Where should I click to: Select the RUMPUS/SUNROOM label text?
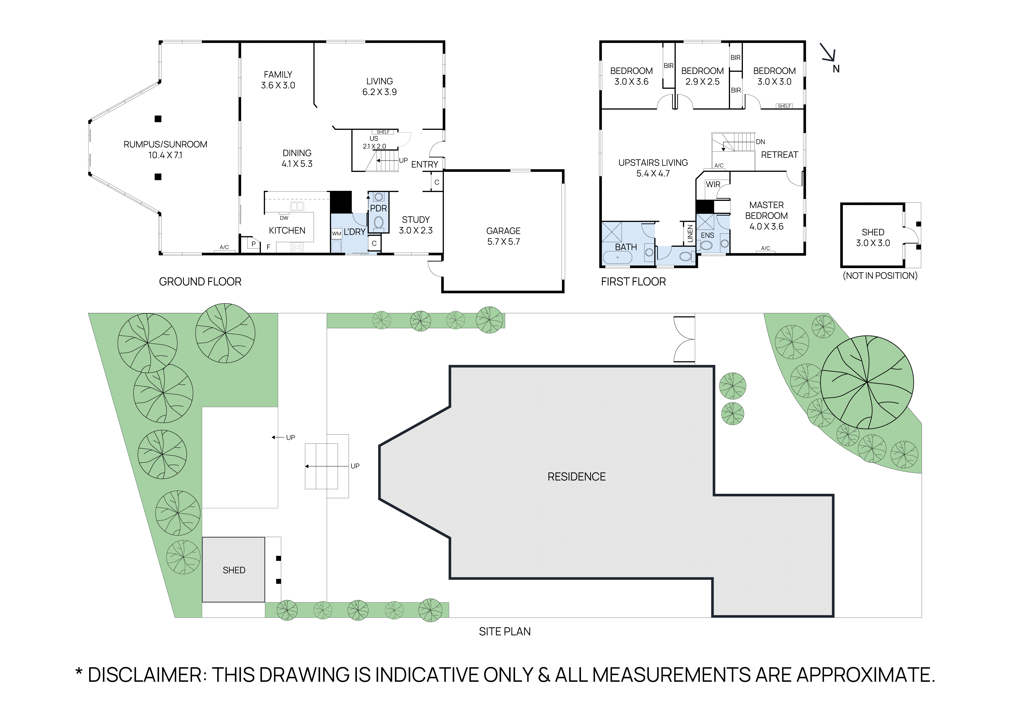point(165,144)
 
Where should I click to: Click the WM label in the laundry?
point(336,234)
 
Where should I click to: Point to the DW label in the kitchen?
point(284,218)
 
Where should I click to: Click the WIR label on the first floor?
point(713,185)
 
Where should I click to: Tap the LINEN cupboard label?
point(690,233)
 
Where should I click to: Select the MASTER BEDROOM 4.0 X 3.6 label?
point(766,216)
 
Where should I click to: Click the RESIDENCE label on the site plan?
point(576,477)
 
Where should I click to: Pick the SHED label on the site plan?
point(234,570)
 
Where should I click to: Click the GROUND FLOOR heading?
point(200,282)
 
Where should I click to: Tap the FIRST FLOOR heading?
point(633,282)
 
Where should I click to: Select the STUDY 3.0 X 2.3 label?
point(416,225)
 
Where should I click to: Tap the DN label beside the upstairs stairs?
point(760,142)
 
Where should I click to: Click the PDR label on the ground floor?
point(378,208)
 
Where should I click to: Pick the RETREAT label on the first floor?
point(779,155)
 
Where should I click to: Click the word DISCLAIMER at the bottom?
point(145,675)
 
